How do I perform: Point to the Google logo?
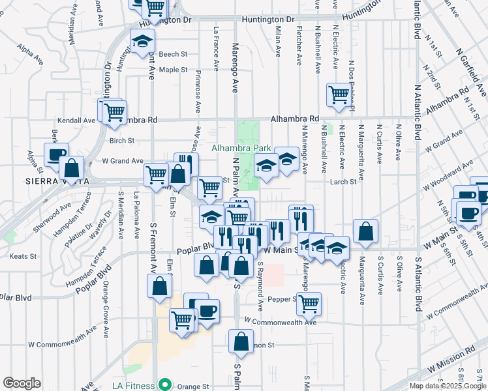(x=22, y=383)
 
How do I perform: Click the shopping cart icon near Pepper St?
(x=309, y=302)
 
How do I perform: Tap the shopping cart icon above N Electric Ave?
(x=339, y=94)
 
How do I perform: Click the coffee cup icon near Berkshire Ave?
(x=56, y=155)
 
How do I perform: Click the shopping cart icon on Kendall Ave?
(x=115, y=111)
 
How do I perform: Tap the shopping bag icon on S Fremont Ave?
(x=160, y=285)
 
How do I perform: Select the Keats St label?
(x=24, y=256)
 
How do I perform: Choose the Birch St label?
(x=122, y=140)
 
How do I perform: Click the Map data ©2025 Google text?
(x=448, y=386)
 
